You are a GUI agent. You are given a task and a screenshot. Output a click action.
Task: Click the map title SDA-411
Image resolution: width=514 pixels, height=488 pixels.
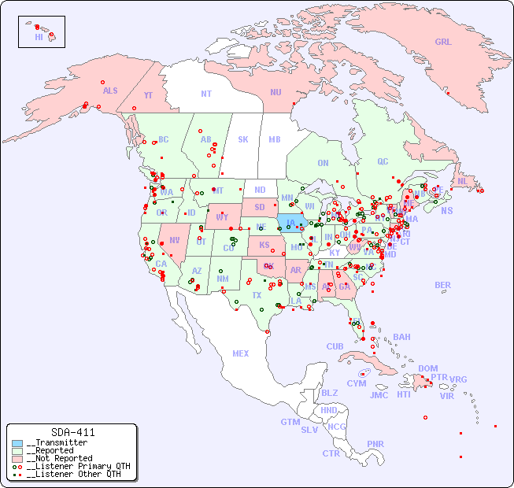pos(72,432)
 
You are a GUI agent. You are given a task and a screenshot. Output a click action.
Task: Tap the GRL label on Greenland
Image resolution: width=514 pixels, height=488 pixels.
pos(443,43)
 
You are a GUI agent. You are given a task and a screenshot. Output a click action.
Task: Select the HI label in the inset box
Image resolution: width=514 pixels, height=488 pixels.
pos(39,37)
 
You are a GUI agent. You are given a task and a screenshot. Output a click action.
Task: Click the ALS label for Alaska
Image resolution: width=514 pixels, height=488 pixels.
pos(110,91)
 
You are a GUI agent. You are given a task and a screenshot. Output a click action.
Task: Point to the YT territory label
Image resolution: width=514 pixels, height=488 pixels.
pos(148,95)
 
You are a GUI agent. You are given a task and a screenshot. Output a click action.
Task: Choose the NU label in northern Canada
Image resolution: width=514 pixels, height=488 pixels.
pos(275,92)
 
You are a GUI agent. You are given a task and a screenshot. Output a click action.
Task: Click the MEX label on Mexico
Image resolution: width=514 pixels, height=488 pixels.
pos(241,353)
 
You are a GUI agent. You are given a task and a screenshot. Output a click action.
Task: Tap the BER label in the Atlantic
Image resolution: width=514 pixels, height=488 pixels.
pos(443,285)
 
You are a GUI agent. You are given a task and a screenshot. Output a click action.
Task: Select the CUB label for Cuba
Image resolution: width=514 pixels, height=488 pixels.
pos(335,346)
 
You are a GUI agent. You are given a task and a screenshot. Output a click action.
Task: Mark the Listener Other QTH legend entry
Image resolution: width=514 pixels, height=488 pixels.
pos(73,474)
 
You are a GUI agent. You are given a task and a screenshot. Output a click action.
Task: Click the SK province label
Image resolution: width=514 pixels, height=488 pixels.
pos(243,140)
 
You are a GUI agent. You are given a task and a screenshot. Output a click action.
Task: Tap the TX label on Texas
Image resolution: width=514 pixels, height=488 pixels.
pos(257,295)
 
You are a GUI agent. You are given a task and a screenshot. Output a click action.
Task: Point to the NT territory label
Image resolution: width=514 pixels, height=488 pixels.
pos(206,94)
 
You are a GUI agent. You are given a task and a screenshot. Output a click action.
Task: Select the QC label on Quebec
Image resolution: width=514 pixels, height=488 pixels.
pos(383,162)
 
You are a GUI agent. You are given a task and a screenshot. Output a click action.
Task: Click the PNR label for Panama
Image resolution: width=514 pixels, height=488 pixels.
pos(375,444)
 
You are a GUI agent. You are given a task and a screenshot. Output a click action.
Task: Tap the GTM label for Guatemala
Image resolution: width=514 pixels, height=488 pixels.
pos(290,422)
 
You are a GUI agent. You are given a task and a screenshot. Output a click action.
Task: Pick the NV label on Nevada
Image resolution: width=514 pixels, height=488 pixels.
pos(174,240)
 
